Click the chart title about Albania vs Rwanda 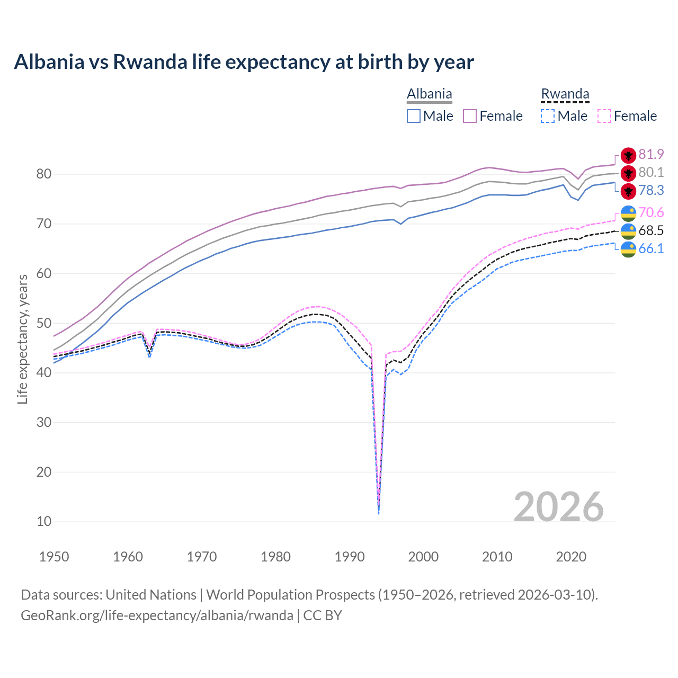coord(244,62)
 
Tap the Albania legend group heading coord(429,94)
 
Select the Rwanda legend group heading coord(565,94)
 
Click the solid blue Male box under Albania coord(414,116)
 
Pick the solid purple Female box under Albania coord(470,116)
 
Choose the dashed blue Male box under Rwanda coord(548,116)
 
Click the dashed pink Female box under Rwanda coord(604,116)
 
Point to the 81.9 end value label coord(651,154)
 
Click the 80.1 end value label coord(651,172)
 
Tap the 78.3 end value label coord(651,190)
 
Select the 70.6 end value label coord(651,212)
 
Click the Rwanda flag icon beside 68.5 coord(628,231)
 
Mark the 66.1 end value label coord(651,248)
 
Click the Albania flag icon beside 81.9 coord(628,155)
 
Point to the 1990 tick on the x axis coord(350,557)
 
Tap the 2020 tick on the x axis coord(571,557)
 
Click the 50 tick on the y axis coord(44,323)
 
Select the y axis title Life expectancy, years coord(22,339)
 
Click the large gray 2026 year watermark coord(559,507)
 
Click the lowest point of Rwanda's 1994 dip coord(378,513)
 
